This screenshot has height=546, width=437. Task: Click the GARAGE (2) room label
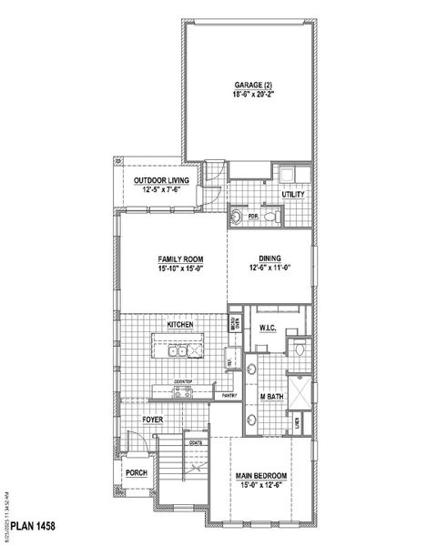[249, 86]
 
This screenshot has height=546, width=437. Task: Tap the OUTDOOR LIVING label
[161, 181]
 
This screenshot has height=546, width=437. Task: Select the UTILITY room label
[293, 195]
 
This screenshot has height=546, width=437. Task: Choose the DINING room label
[269, 258]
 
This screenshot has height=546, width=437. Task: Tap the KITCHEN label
[179, 325]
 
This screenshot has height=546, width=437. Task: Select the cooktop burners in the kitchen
[182, 392]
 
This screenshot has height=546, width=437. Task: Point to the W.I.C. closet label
[268, 328]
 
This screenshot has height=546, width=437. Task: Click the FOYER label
[152, 420]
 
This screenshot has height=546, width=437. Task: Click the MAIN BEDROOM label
[262, 476]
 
